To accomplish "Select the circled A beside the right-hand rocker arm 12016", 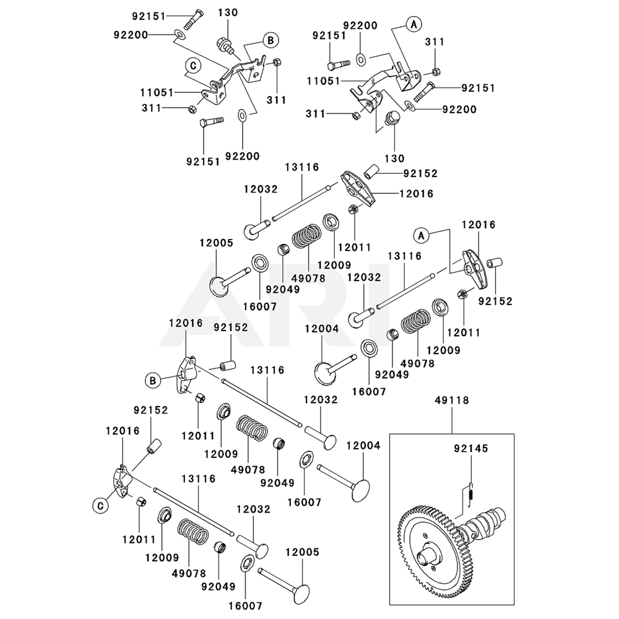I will [x=421, y=235].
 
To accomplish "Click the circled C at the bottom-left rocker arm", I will [x=100, y=506].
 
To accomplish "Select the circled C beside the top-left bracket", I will [x=193, y=65].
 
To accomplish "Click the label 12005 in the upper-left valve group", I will [x=216, y=243].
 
